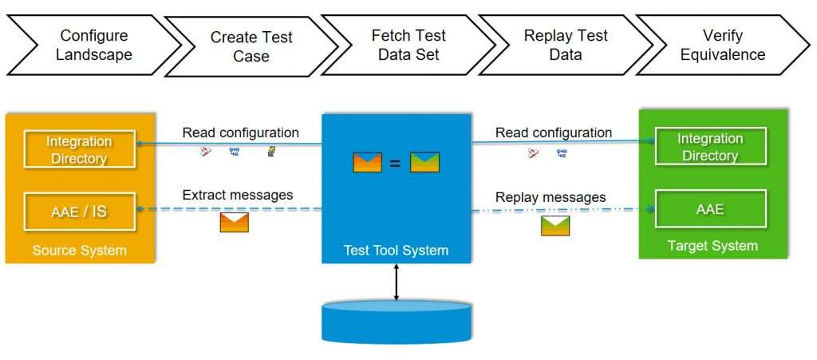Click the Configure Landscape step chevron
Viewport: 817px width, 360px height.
pyautogui.click(x=94, y=45)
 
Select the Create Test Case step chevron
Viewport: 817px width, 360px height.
pyautogui.click(x=251, y=46)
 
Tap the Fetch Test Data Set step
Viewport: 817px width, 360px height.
pyautogui.click(x=408, y=45)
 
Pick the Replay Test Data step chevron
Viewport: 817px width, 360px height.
pyautogui.click(x=566, y=45)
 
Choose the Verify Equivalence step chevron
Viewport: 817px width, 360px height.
pyautogui.click(x=723, y=45)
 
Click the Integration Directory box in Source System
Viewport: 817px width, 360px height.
pyautogui.click(x=79, y=149)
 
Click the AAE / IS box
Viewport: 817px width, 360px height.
pyautogui.click(x=79, y=212)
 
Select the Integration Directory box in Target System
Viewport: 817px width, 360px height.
pyautogui.click(x=710, y=146)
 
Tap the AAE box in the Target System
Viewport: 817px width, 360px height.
pyautogui.click(x=710, y=209)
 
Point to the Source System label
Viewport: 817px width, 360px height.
pyautogui.click(x=79, y=250)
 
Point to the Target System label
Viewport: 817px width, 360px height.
pyautogui.click(x=712, y=245)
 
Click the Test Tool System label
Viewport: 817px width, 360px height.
pyautogui.click(x=396, y=251)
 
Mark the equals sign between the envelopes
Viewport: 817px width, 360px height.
pyautogui.click(x=396, y=163)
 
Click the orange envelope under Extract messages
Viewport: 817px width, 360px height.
pyautogui.click(x=234, y=222)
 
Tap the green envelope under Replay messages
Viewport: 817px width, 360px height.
pyautogui.click(x=555, y=226)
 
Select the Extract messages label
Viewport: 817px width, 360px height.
pyautogui.click(x=238, y=196)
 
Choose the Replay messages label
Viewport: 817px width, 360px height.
pyautogui.click(x=551, y=197)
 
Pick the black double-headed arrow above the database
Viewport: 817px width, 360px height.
pyautogui.click(x=396, y=282)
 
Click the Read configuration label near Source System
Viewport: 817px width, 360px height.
pyautogui.click(x=241, y=133)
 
